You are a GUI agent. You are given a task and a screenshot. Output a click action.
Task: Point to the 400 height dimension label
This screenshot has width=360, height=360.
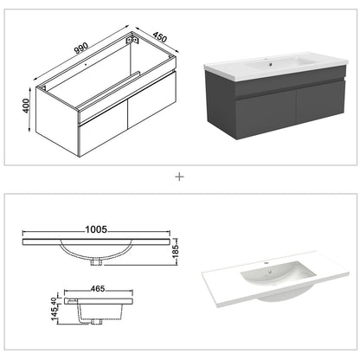pos(29,106)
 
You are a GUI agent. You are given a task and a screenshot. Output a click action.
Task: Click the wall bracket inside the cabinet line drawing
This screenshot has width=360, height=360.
pos(133,42)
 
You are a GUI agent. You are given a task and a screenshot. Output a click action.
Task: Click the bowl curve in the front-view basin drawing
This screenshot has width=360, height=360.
pos(96,252)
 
